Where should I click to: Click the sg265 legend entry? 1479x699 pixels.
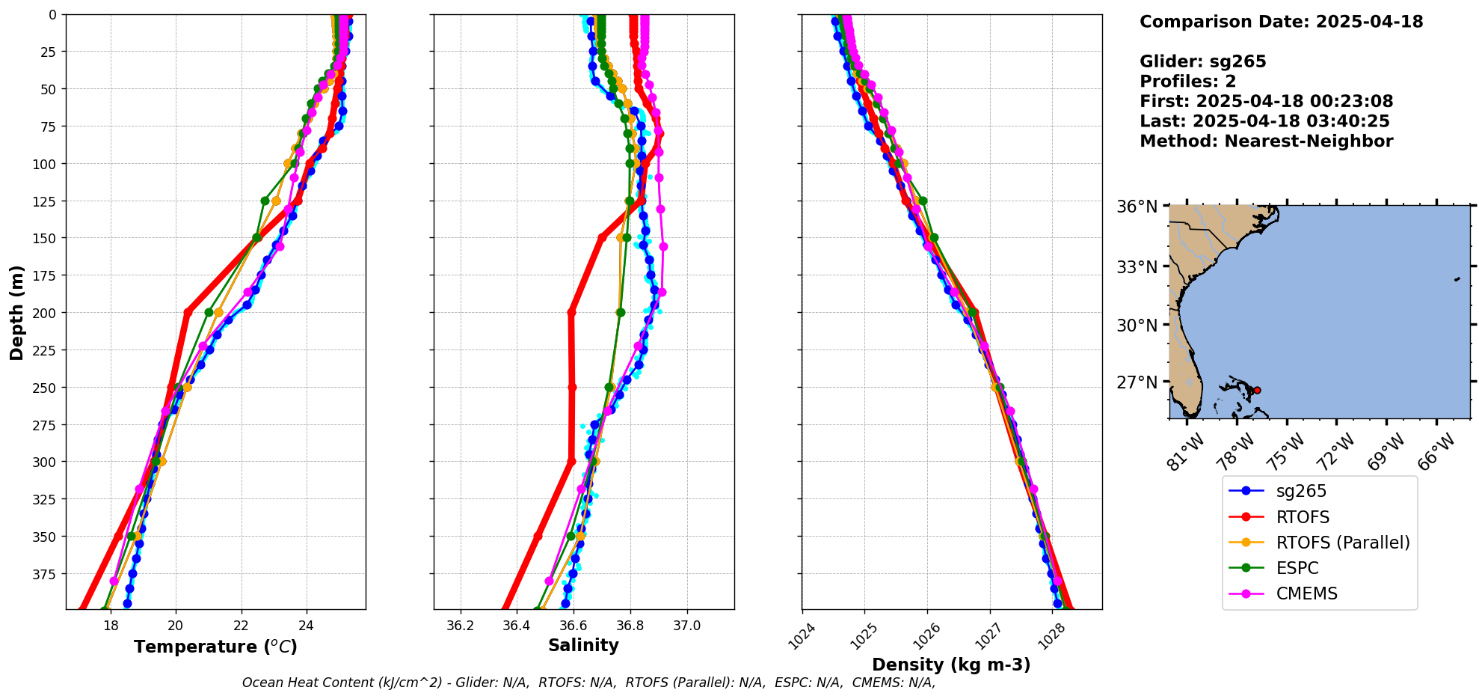(1300, 491)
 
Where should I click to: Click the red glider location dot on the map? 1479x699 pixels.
(1257, 390)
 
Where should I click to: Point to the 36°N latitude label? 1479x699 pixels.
(1137, 207)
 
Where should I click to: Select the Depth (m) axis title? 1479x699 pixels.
(16, 312)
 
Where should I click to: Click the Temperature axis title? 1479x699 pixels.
(215, 647)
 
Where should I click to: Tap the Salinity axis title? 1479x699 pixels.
(583, 645)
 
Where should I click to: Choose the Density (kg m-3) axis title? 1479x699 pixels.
(951, 665)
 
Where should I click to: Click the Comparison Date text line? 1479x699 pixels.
(1281, 22)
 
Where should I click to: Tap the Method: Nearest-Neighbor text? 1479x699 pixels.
(1266, 141)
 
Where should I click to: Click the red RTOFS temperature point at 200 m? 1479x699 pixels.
(188, 312)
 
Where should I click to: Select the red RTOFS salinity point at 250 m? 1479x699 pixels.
(572, 387)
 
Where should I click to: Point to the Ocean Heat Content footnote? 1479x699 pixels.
(588, 683)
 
